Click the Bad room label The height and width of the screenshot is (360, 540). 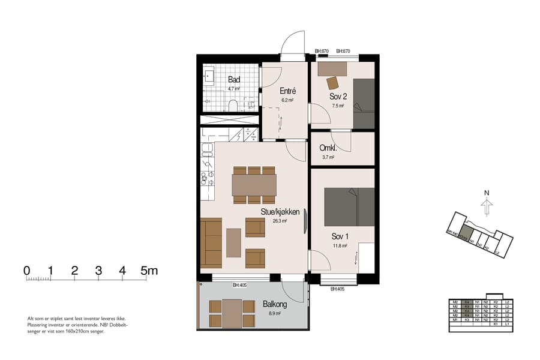pos(234,79)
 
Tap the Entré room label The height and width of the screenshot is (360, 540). pos(287,91)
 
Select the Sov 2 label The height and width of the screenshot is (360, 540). pos(338,96)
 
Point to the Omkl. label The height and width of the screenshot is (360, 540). pos(328,148)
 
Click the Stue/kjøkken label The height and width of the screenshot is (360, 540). pos(280,212)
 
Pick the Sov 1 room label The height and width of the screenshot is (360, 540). pos(340,236)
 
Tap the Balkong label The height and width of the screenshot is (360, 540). pos(275,304)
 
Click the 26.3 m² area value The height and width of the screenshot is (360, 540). pos(280,221)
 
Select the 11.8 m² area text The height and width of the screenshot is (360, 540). pos(340,245)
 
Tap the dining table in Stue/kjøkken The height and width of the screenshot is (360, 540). pos(254,185)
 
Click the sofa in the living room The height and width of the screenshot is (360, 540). pos(211,243)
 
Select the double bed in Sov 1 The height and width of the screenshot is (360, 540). pos(349,207)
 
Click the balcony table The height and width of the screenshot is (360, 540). pos(232,313)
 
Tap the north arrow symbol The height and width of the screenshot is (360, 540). pos(487,207)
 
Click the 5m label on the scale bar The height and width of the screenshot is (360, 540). pos(149,271)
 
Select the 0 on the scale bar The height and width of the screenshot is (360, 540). pos(27,271)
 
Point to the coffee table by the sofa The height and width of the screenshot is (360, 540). pos(233,242)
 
